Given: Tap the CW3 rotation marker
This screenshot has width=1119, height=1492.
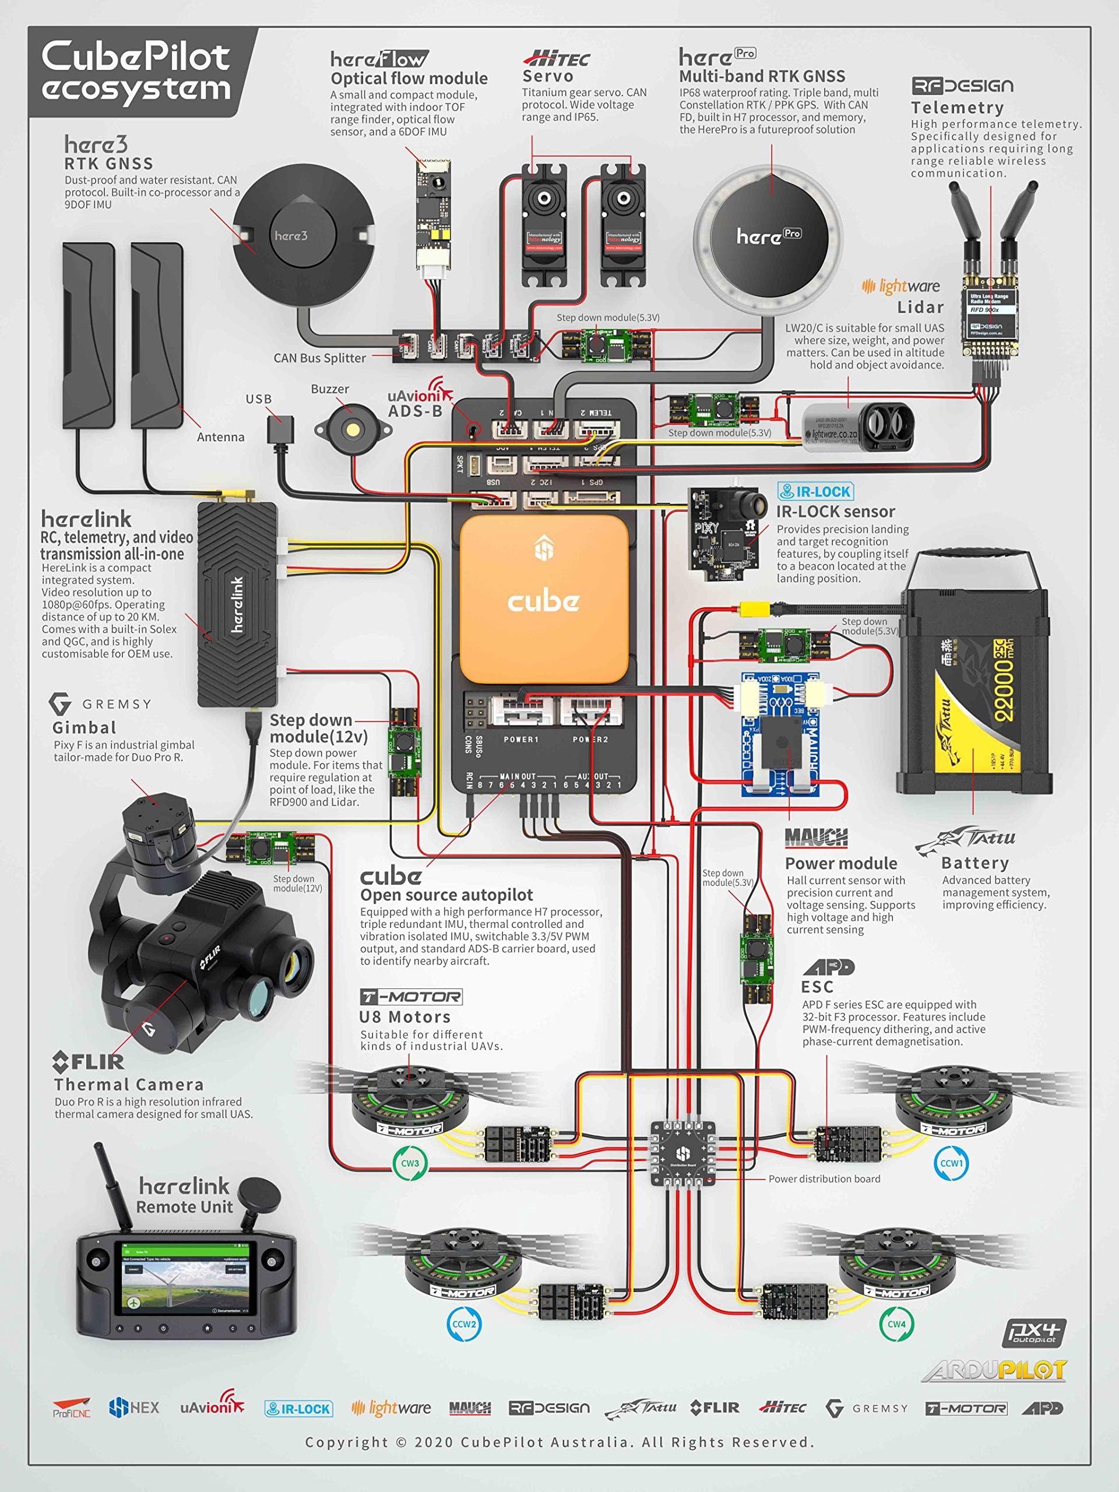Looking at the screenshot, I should (x=410, y=1163).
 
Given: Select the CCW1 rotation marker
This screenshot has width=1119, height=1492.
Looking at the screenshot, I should (x=951, y=1163).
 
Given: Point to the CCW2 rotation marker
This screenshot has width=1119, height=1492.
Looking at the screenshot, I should (x=463, y=1324).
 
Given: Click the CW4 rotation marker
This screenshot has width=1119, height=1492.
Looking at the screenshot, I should (x=896, y=1324).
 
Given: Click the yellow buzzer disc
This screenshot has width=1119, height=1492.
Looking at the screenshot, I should (x=351, y=429).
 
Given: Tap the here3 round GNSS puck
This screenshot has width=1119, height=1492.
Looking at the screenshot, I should (x=303, y=235).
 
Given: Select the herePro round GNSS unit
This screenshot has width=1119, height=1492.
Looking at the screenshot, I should (x=768, y=237).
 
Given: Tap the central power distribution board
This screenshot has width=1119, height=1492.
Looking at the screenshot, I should (x=682, y=1153).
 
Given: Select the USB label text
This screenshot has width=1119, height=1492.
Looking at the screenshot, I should (x=258, y=399).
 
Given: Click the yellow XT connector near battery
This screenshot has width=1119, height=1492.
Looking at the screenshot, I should (x=755, y=609).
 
